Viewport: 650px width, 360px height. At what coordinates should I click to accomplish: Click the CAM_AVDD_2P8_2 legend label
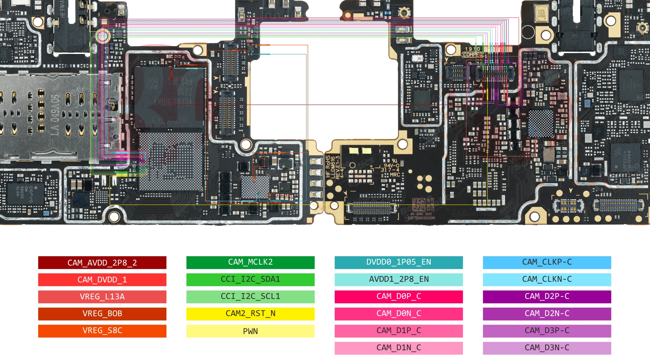[x=102, y=263]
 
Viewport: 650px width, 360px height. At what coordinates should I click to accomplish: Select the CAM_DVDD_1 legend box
[x=102, y=280]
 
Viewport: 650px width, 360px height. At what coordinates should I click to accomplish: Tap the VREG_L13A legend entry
[x=102, y=297]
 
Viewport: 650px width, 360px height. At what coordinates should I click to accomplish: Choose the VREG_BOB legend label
[x=102, y=314]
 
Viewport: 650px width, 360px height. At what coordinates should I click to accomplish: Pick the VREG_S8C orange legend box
[x=102, y=331]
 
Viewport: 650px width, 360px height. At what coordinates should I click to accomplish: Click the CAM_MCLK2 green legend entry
[x=250, y=262]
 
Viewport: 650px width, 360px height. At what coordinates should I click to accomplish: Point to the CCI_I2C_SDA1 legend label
[x=250, y=279]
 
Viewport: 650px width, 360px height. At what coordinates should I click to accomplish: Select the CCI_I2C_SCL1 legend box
[x=250, y=297]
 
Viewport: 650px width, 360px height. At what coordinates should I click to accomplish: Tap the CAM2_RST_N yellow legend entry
[x=250, y=314]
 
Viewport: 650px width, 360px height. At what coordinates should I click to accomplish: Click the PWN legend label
[x=250, y=331]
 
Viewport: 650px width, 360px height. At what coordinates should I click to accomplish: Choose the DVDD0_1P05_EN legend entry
[x=399, y=262]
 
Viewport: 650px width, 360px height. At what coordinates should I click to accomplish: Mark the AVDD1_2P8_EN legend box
[x=399, y=279]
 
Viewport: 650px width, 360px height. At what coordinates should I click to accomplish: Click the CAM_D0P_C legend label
[x=399, y=297]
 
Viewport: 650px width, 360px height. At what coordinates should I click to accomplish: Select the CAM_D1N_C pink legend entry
[x=399, y=348]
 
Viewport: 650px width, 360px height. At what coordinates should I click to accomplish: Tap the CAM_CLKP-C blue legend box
[x=547, y=262]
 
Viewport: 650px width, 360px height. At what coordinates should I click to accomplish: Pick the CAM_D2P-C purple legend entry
[x=547, y=297]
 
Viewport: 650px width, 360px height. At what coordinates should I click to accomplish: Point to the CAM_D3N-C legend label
[x=547, y=348]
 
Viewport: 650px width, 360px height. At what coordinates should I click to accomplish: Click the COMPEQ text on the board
[x=473, y=55]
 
